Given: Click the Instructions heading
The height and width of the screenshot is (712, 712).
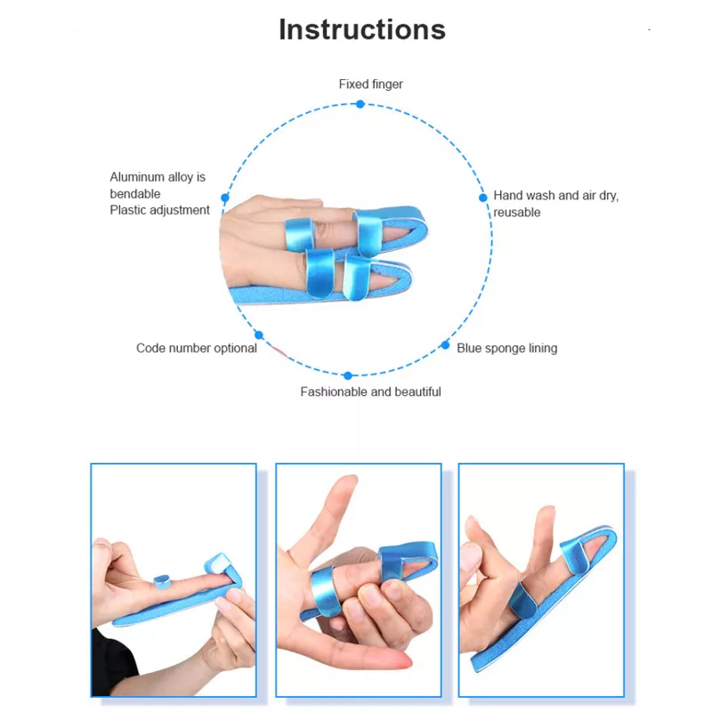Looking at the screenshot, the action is pos(362,30).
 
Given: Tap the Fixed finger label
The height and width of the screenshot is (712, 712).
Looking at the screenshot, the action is pos(371,84).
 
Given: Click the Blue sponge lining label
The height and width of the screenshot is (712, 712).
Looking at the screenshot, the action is pos(506,348).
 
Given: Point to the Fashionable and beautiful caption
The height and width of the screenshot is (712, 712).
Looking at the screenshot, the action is pos(370,392).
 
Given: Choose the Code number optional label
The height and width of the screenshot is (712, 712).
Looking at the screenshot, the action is pos(197,348).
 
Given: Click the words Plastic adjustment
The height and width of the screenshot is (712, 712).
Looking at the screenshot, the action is pos(160,210).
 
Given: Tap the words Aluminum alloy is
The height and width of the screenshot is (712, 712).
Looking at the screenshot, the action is pos(158,177).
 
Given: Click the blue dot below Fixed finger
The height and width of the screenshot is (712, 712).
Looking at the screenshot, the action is pos(360,104).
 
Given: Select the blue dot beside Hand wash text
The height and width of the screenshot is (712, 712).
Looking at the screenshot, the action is pos(483,198).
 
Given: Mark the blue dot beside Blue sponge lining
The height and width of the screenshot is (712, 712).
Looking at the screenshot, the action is pos(446,345).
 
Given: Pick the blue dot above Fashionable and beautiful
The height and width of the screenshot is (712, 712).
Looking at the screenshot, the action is pos(348,376).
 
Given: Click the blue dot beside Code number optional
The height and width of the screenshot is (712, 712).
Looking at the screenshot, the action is pos(259,336).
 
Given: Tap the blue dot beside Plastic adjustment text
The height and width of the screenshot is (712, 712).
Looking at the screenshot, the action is pos(225,198).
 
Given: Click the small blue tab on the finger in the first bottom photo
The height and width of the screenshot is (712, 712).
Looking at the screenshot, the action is pos(162,582).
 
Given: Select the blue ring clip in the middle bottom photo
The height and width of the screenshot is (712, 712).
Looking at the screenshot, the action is pos(325,591).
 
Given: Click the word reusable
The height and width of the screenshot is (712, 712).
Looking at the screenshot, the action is pos(517,213).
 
